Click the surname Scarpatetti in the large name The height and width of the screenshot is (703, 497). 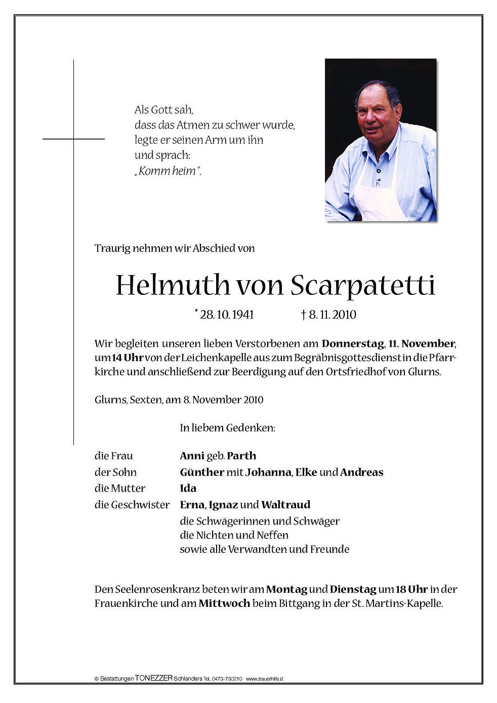(363, 286)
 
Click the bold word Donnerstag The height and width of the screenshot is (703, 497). (352, 344)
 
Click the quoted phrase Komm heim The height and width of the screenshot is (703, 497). (168, 171)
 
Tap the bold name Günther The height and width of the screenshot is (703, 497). (202, 472)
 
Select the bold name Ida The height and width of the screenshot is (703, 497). (188, 489)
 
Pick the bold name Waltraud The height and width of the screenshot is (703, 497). (286, 505)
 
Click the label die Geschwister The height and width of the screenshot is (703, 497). (132, 505)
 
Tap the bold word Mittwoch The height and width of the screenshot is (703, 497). (224, 604)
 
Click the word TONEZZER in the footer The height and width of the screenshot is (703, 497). (154, 679)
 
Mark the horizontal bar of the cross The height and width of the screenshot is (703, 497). (73, 139)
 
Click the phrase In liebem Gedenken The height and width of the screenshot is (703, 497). (227, 428)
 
